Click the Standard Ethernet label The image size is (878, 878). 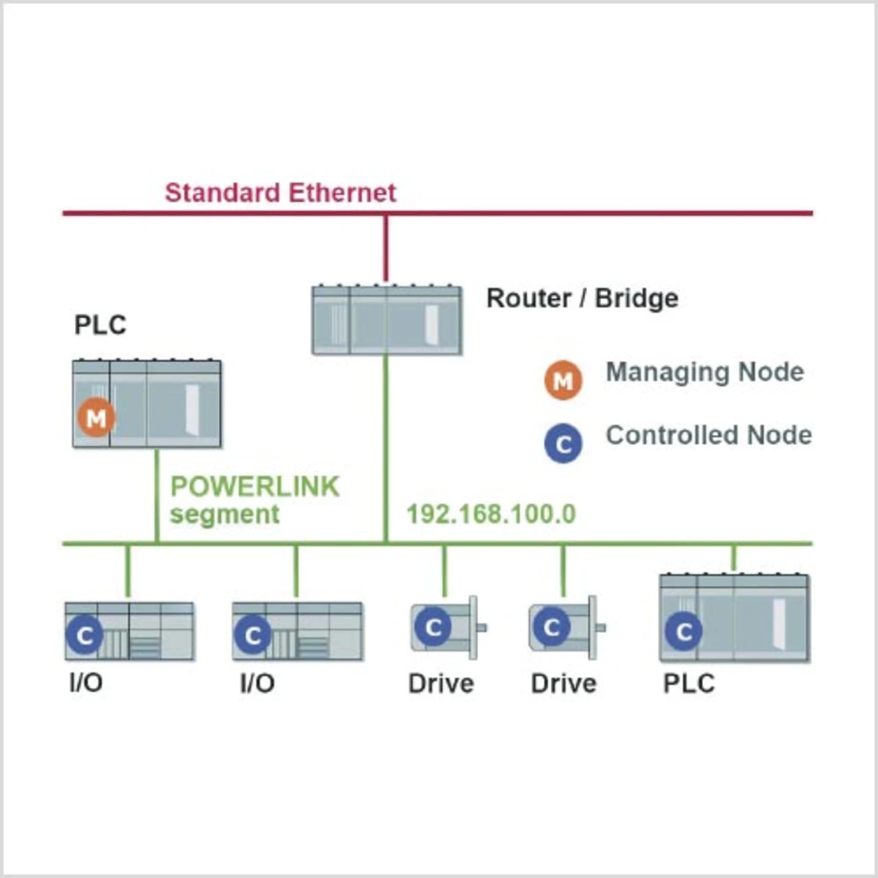click(281, 193)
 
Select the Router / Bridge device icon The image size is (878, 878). click(387, 320)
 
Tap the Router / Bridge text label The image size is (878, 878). click(582, 298)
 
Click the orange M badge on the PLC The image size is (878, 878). click(96, 417)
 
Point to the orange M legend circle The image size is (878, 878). click(563, 380)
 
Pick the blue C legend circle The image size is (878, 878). click(563, 444)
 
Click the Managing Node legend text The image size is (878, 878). click(704, 372)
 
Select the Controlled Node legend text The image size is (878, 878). click(709, 435)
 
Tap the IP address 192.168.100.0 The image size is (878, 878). click(491, 514)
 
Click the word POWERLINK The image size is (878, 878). click(254, 486)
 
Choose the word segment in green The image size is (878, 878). click(224, 514)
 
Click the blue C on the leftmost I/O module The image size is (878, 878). click(84, 635)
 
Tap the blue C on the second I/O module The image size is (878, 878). click(252, 635)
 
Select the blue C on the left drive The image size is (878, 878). click(434, 627)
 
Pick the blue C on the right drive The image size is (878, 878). click(552, 627)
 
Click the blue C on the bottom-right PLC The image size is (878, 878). click(683, 631)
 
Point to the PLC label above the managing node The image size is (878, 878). click(100, 324)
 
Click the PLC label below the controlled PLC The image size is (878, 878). click(689, 683)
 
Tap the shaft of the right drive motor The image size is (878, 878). click(600, 627)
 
